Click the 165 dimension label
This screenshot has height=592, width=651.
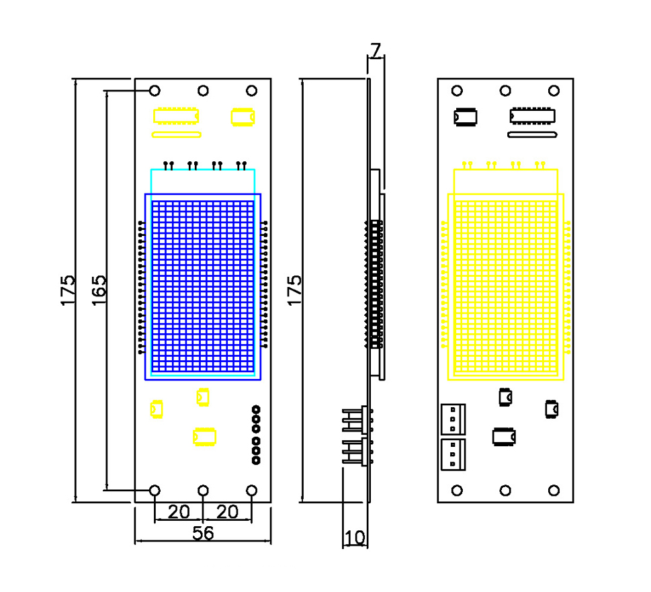point(99,290)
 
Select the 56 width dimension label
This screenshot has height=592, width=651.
point(203,533)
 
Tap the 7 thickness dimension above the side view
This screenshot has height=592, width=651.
point(376,50)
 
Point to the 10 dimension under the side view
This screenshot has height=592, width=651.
point(355,538)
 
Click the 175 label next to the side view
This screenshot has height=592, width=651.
point(294,290)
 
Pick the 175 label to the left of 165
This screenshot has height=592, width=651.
point(68,290)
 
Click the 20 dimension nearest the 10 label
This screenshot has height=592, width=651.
point(228,512)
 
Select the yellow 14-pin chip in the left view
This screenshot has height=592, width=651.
point(176,116)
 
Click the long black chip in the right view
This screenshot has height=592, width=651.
point(533,116)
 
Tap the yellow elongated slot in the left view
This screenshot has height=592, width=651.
point(177,134)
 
